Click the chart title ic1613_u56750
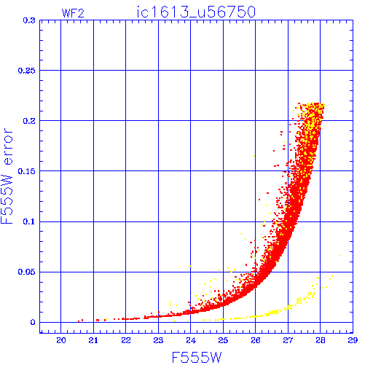tap(196, 12)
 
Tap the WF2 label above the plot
tap(73, 13)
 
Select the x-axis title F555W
tap(197, 358)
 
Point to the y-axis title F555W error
tap(7, 176)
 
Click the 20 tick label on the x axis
tap(61, 340)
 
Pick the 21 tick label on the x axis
tap(93, 340)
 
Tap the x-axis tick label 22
tap(126, 340)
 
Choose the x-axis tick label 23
tap(158, 340)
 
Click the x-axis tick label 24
tap(191, 340)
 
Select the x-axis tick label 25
tap(223, 340)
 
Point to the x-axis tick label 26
tap(256, 340)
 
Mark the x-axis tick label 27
tap(288, 340)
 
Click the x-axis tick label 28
tap(321, 340)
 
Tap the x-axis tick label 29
tap(353, 340)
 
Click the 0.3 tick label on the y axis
tap(29, 20)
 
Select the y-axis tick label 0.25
tap(27, 71)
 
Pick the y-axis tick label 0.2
tap(29, 121)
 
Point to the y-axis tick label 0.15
tap(27, 171)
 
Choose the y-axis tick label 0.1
tap(29, 221)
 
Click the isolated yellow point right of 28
tap(339, 256)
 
